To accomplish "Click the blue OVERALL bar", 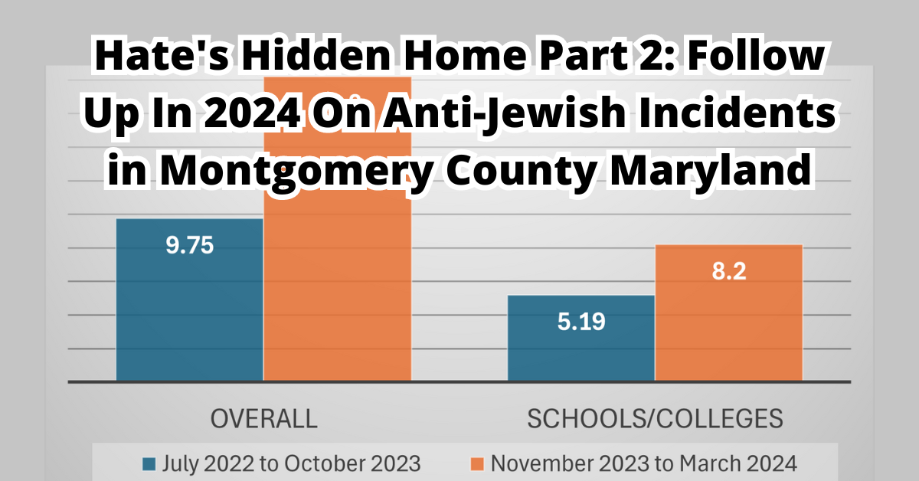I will coord(189,306).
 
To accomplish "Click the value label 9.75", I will coord(189,246).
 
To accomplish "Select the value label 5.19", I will coord(581,322).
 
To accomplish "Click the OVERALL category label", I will coord(263,418).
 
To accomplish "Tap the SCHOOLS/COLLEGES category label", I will coord(655,418).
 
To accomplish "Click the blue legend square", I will coord(150,463).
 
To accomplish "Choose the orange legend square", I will coord(477,463).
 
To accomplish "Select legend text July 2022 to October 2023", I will coord(292,463).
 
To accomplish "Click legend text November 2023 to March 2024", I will coord(644,463).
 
